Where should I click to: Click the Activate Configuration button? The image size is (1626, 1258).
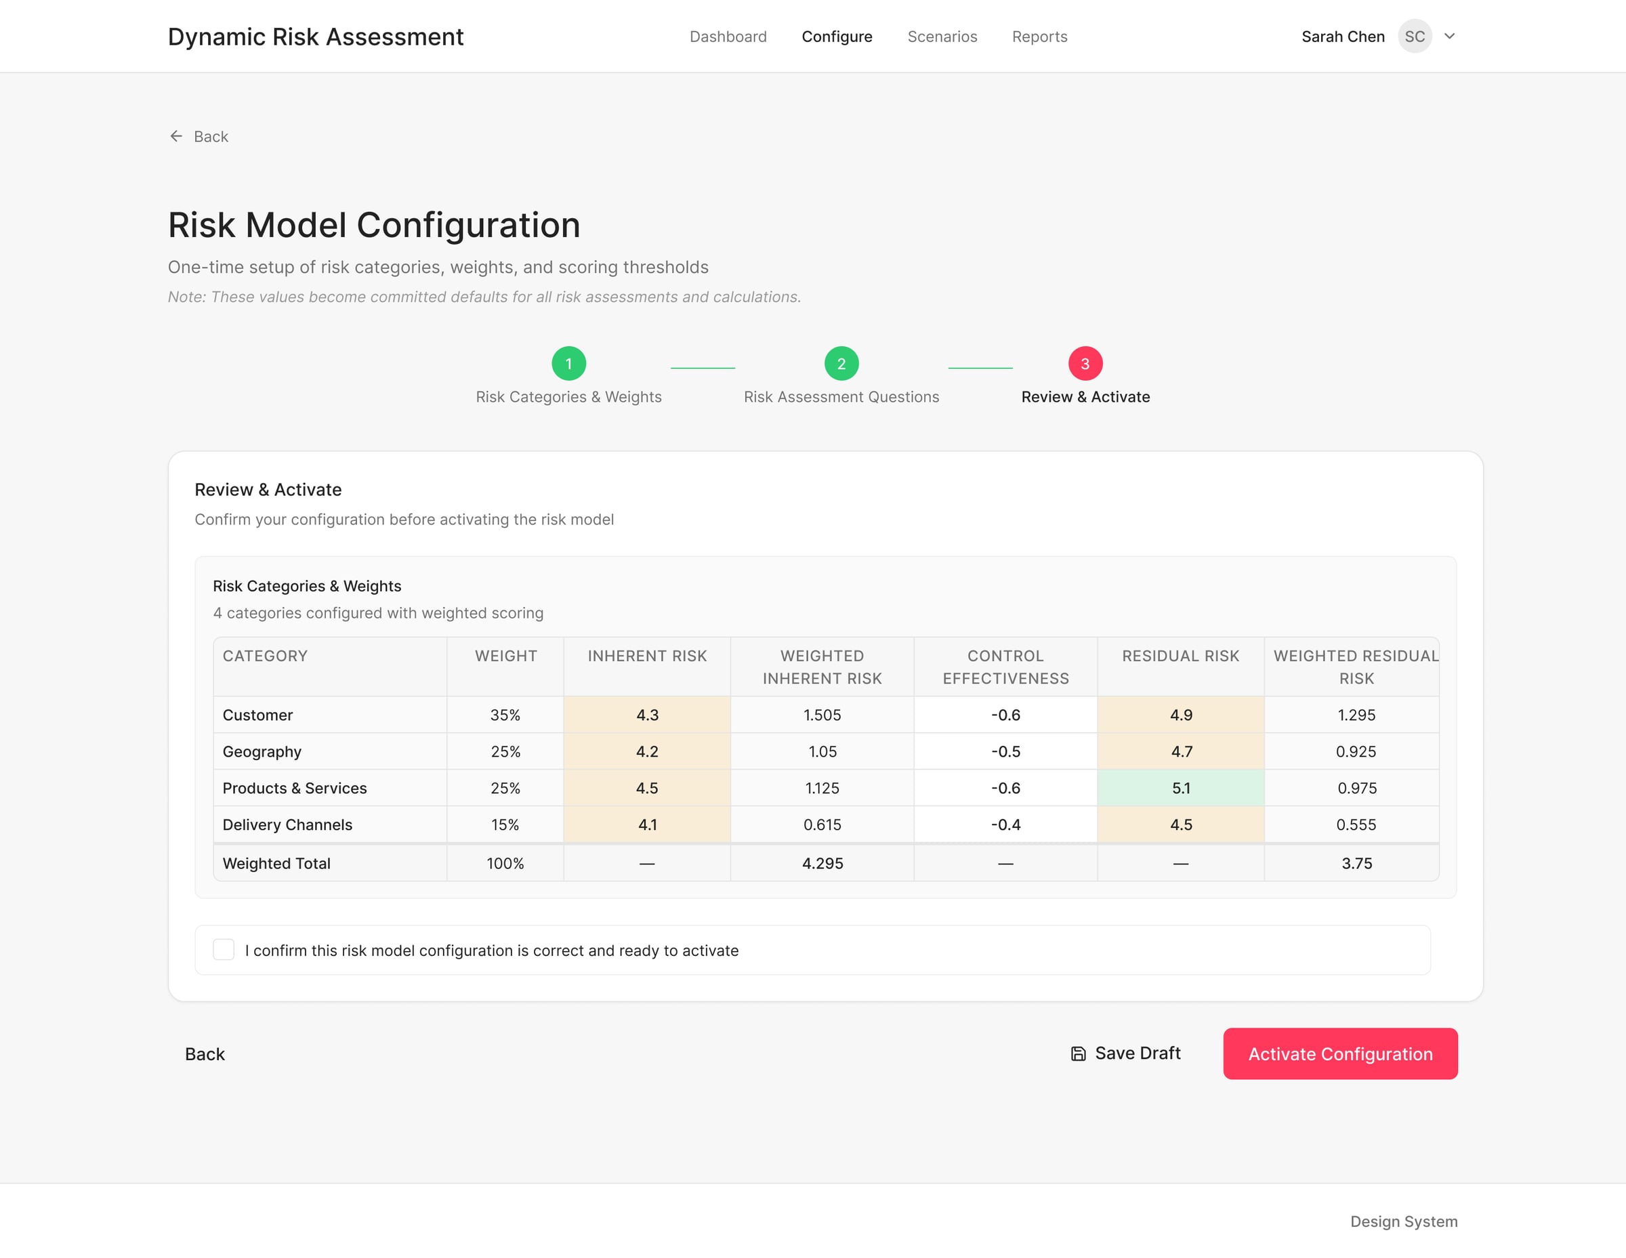click(1339, 1053)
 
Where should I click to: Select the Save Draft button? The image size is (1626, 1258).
click(1126, 1053)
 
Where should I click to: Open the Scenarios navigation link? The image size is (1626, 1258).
click(942, 37)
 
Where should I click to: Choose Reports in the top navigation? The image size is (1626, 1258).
click(1039, 37)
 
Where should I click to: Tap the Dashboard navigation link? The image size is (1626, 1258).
click(728, 37)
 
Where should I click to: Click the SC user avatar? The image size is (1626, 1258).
click(1414, 37)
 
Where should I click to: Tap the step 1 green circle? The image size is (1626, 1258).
click(569, 363)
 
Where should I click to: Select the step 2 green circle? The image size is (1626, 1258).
click(841, 363)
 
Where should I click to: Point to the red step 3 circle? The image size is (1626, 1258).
click(1085, 363)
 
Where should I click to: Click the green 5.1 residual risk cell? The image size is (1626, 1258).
click(1180, 788)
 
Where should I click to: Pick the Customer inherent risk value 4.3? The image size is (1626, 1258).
click(647, 715)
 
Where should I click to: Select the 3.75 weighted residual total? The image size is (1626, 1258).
click(1356, 863)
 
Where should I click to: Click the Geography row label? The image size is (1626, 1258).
click(262, 751)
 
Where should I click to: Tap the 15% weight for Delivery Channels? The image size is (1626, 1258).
click(505, 824)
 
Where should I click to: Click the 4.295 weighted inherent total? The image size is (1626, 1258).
click(822, 863)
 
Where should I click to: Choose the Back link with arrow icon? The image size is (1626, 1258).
click(200, 136)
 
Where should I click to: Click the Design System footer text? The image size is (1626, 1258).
click(1403, 1221)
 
